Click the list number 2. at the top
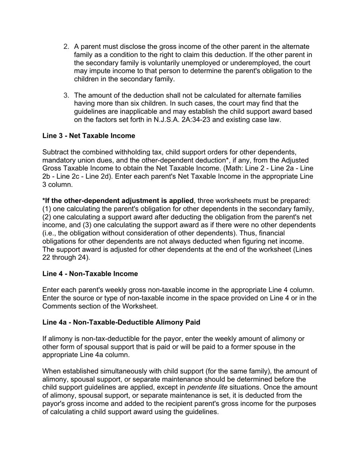[66, 47]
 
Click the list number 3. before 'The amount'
[66, 95]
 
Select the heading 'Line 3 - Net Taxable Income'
[89, 136]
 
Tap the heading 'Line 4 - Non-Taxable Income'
[90, 274]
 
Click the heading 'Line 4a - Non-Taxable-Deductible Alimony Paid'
[121, 322]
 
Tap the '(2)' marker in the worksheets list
[48, 217]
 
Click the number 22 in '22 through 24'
[47, 258]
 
